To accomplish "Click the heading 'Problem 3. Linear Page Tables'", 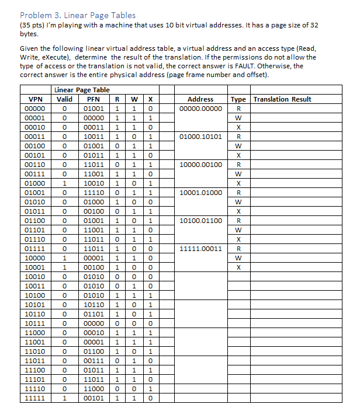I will (x=77, y=15).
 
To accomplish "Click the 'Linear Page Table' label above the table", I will (x=82, y=90).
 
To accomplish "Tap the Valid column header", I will (x=64, y=99).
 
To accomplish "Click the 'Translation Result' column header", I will (x=282, y=99).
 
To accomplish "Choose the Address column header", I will (x=200, y=99).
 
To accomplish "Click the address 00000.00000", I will (x=200, y=109).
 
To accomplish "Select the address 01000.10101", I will (x=200, y=137).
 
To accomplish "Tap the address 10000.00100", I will (x=200, y=165).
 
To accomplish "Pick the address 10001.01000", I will (x=200, y=193).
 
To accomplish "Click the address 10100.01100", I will (x=200, y=221).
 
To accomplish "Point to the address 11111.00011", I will (x=200, y=249).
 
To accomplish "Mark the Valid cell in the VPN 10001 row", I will (x=64, y=267).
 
